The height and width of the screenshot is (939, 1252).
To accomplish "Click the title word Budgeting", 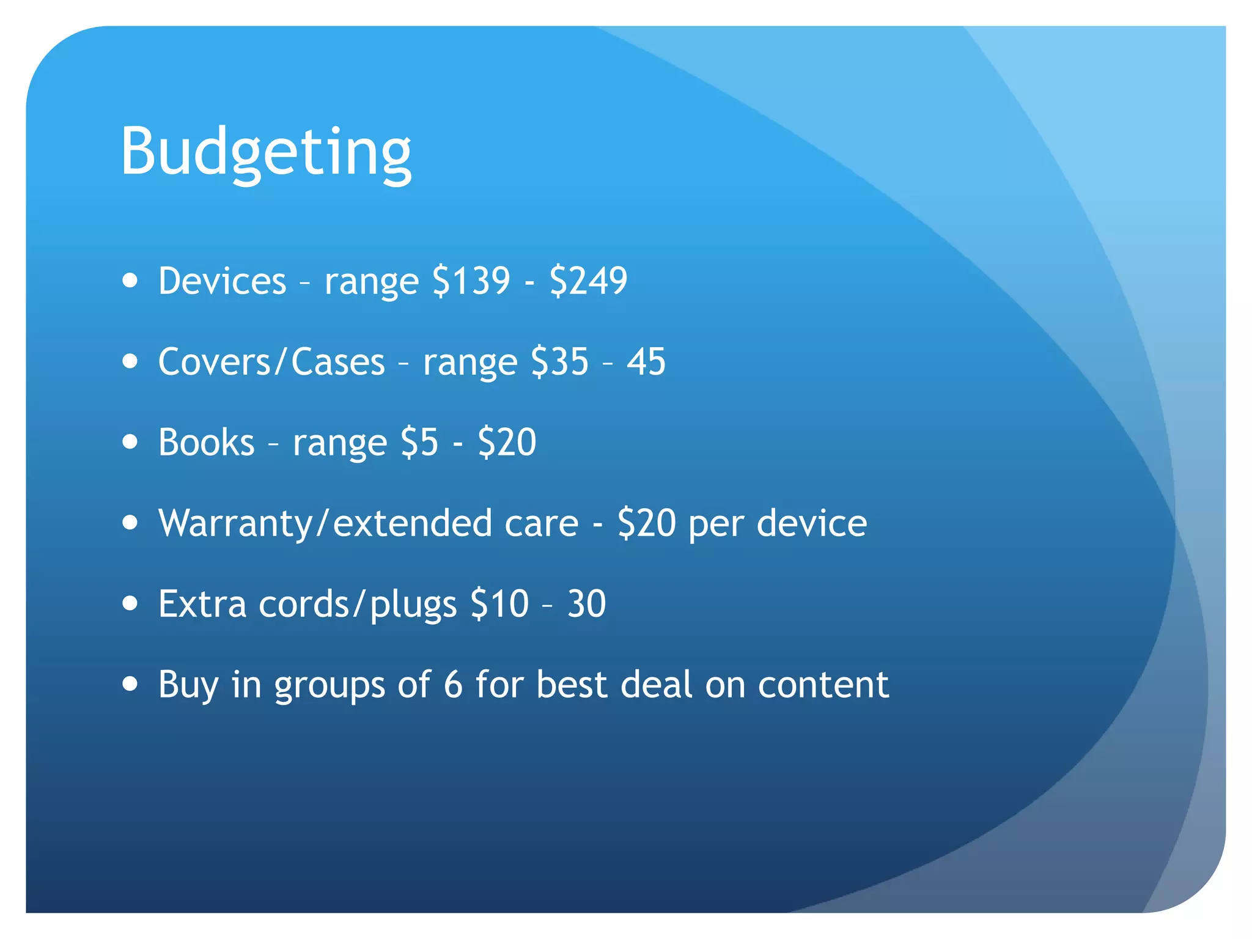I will coord(266,152).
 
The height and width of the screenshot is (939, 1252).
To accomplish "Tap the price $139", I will coord(471,281).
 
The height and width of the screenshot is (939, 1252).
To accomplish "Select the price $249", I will coord(588,281).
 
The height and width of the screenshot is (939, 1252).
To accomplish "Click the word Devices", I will coord(222,281).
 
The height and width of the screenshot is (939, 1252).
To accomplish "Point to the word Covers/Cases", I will coord(271,362).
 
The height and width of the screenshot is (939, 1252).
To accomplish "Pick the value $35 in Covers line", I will coord(559,362).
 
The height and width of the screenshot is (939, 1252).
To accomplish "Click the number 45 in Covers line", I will coord(646,362).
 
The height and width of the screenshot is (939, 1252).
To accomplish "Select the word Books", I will coord(206,443).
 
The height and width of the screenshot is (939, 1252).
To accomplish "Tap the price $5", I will coord(419,443).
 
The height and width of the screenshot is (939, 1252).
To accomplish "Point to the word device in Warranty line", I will coord(812,524).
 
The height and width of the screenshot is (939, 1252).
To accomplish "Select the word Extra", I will coord(202,604).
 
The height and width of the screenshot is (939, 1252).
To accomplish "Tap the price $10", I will coord(499,604).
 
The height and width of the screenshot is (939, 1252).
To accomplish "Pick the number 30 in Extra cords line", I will coord(586,604).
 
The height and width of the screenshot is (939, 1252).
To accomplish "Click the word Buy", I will coord(188,685).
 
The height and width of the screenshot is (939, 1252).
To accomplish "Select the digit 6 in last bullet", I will coord(453,685).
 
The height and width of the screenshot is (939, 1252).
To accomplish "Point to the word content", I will coord(823,685).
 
